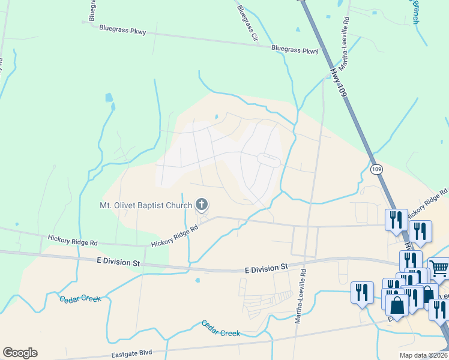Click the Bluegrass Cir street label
[x=247, y=22]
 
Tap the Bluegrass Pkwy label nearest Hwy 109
[x=294, y=50]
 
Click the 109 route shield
[x=376, y=170]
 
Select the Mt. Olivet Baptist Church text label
[x=146, y=206]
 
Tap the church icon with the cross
[x=202, y=206]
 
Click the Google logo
[x=20, y=353]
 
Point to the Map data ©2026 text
[x=424, y=355]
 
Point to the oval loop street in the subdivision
[x=268, y=160]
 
